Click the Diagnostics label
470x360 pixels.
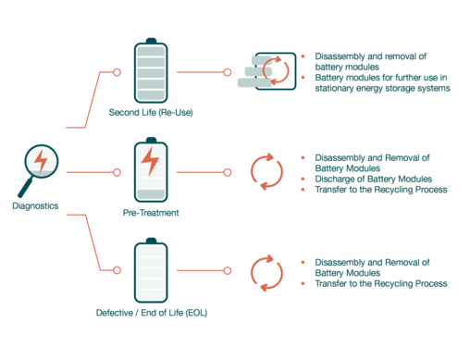[35, 205]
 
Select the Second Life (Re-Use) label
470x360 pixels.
[151, 112]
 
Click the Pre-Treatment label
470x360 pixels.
[151, 213]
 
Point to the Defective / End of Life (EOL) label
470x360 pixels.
[152, 313]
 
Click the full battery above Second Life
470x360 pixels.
[151, 70]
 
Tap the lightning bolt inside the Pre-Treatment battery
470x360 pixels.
[150, 161]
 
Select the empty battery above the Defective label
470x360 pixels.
[151, 270]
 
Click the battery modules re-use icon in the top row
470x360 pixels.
[266, 71]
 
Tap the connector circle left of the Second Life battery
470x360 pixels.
[117, 72]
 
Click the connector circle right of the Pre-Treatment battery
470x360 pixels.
[228, 172]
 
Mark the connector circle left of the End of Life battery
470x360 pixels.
[117, 270]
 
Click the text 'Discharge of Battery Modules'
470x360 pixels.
[374, 179]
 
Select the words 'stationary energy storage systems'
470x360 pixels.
[382, 88]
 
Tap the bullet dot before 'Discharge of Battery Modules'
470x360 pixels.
[303, 179]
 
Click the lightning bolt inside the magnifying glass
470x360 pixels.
[41, 161]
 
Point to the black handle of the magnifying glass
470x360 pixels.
[25, 187]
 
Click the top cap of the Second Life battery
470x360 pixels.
[151, 41]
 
